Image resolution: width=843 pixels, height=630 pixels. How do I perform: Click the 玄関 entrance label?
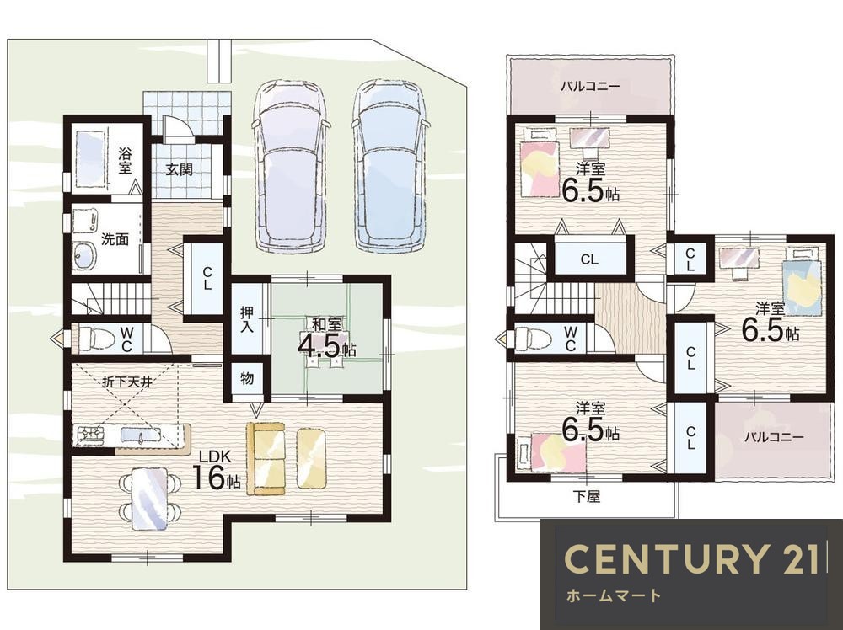click(x=179, y=170)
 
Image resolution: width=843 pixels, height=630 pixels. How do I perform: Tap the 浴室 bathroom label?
click(x=124, y=161)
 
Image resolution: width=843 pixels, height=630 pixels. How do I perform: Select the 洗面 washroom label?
click(x=115, y=239)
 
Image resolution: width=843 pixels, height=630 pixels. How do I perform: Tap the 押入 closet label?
click(x=247, y=319)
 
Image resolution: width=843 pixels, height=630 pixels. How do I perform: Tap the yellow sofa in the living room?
click(x=266, y=458)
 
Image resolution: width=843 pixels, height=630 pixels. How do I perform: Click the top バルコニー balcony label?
click(x=590, y=86)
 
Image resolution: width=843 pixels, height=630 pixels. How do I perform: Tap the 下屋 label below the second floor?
click(x=586, y=497)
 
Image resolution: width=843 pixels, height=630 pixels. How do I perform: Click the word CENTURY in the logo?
click(x=664, y=558)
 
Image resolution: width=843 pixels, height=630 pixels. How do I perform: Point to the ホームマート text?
click(x=614, y=595)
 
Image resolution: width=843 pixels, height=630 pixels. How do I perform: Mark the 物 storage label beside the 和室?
click(x=247, y=379)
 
